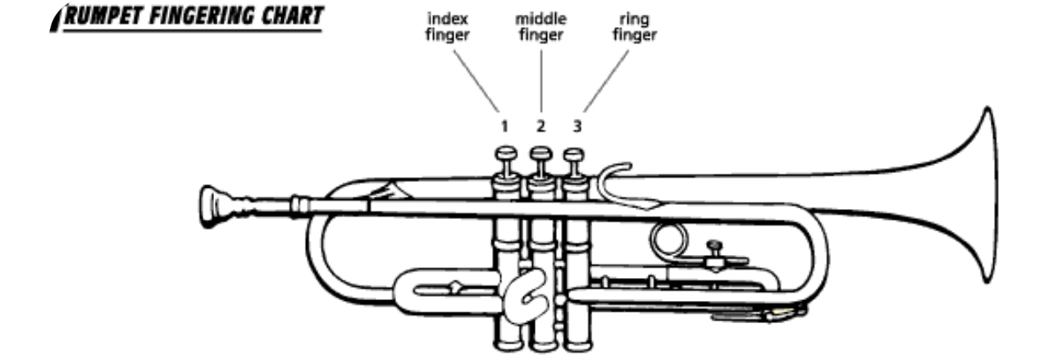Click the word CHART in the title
pos(284,16)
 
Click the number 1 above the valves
pos(505,127)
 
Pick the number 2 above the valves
pos(540,127)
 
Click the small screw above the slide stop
pos(716,245)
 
